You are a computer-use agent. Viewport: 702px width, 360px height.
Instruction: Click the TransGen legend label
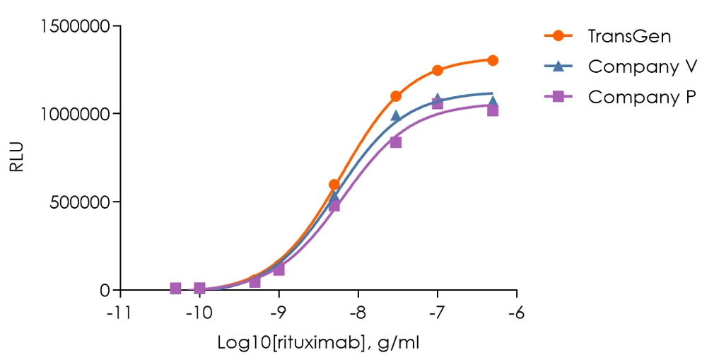[x=629, y=36]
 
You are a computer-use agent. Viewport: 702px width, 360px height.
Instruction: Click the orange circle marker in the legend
[x=558, y=35]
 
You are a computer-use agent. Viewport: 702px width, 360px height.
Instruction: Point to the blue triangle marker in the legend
[x=558, y=66]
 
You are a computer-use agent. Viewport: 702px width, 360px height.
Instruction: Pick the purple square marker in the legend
[x=558, y=97]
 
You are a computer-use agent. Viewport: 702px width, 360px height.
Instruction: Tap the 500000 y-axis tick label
[x=80, y=202]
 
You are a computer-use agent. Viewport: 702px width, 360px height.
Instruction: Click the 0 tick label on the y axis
[x=105, y=290]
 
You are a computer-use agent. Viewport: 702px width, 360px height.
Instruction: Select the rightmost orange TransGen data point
[x=493, y=60]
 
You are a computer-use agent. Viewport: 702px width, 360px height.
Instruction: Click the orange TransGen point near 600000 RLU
[x=334, y=185]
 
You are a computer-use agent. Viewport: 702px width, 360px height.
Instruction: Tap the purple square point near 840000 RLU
[x=396, y=142]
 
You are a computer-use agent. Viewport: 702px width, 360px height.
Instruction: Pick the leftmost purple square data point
[x=175, y=288]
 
